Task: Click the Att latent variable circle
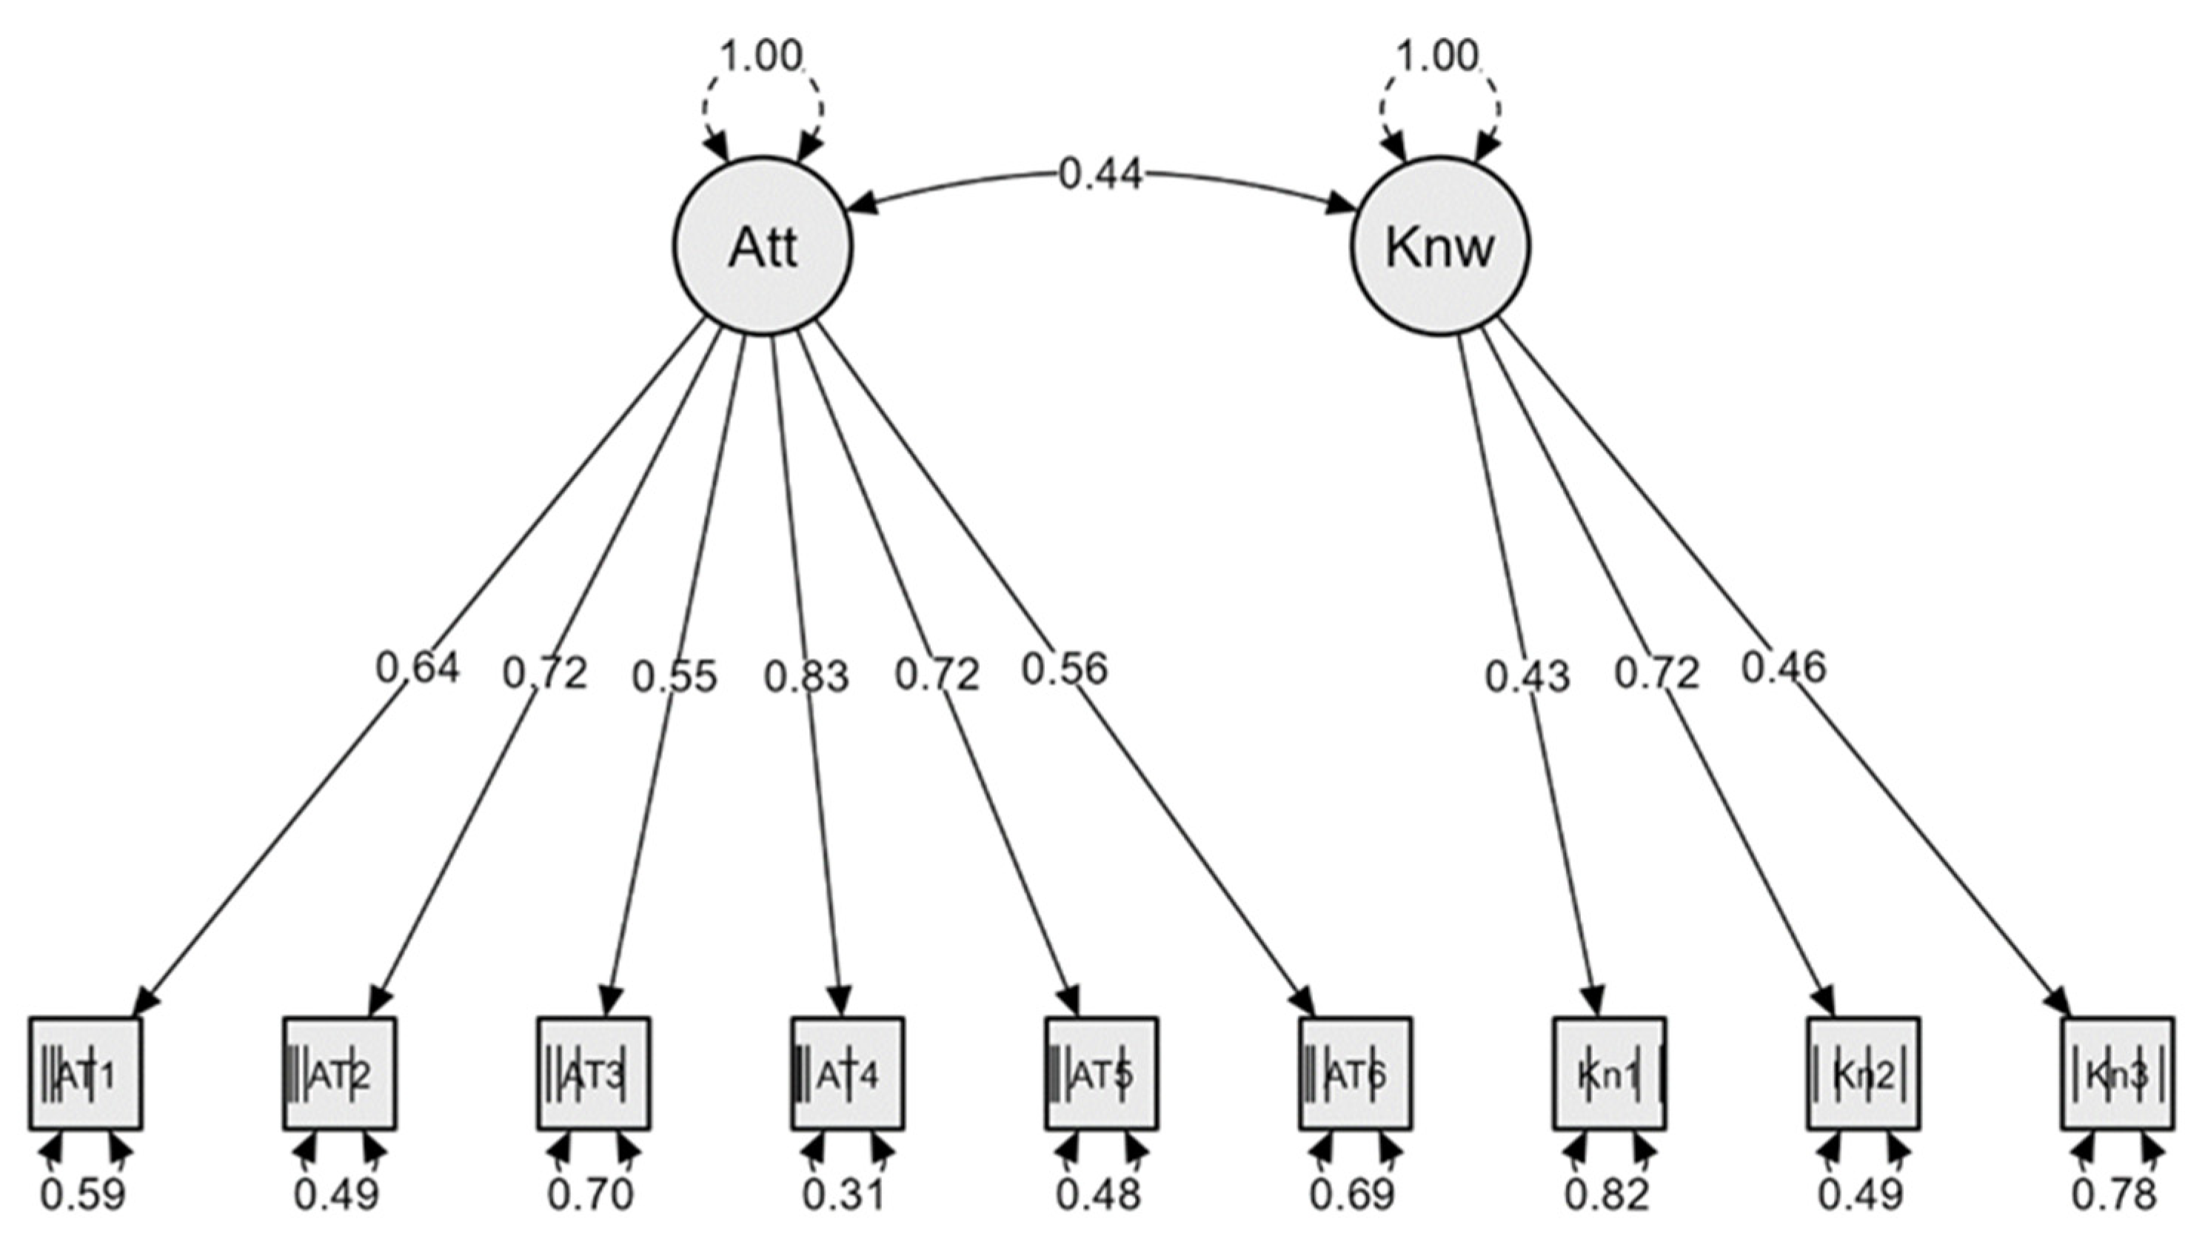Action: point(762,246)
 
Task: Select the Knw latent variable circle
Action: point(1439,246)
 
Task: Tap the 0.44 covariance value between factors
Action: point(1100,175)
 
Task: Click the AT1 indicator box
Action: point(85,1073)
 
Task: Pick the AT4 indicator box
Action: point(847,1073)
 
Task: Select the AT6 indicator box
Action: point(1355,1073)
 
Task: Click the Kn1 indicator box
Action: point(1609,1073)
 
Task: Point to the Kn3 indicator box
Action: point(2117,1073)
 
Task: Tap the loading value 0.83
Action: point(806,676)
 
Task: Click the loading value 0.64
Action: point(418,667)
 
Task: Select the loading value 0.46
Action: point(1784,667)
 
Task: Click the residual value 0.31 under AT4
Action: point(843,1194)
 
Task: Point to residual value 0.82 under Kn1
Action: point(1607,1194)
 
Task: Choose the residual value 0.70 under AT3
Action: point(590,1194)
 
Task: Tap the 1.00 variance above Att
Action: point(760,57)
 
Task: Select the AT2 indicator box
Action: point(339,1073)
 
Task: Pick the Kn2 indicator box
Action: point(1863,1073)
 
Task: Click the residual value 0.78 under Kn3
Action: point(2115,1194)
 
